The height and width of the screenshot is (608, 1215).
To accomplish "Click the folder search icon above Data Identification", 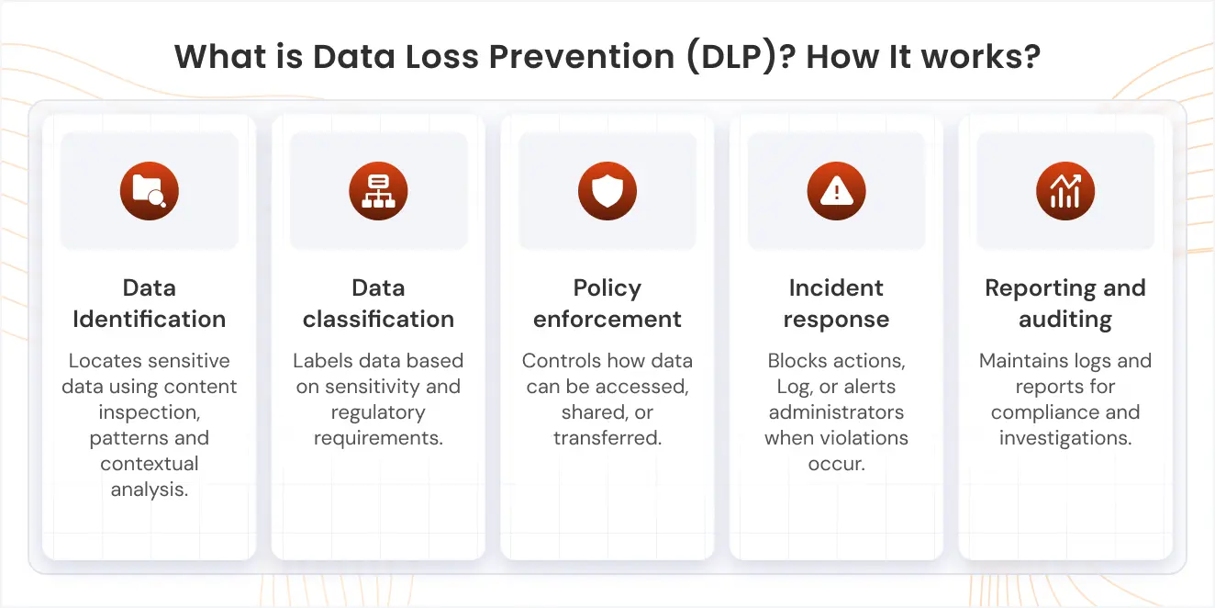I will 149,191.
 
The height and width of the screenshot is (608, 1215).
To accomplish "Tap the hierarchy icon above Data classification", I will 378,191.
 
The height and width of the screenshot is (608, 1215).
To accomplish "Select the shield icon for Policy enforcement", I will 607,191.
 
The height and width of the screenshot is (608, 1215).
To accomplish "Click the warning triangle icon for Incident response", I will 836,191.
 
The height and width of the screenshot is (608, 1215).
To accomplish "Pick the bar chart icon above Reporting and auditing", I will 1065,191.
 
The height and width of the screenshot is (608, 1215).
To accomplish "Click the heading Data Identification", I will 149,304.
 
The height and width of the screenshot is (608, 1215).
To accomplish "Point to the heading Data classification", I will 378,304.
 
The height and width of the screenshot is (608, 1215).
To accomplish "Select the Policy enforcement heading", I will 607,304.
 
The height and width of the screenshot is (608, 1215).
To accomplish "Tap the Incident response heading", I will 836,304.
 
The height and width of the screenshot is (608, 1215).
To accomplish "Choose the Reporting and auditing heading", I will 1065,304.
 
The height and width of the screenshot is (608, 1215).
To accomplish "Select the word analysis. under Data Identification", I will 149,490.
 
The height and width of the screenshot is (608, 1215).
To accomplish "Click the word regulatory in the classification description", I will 378,412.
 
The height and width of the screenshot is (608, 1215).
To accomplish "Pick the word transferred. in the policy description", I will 607,438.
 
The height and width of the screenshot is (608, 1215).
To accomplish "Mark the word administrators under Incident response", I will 836,412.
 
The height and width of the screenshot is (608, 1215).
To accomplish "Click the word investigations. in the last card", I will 1065,438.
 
